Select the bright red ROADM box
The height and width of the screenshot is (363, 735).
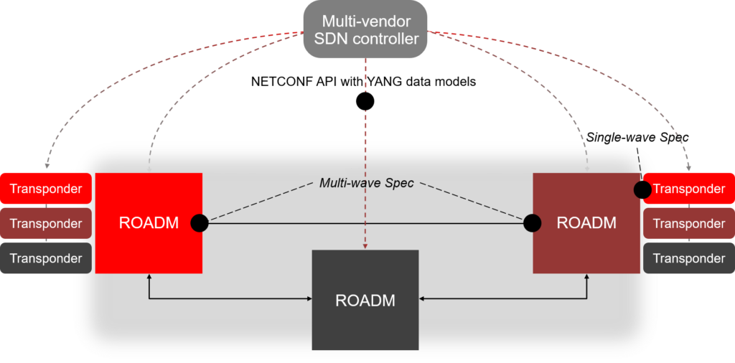[149, 222]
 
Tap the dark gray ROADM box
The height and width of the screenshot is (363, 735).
[365, 300]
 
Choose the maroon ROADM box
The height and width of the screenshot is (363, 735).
[586, 222]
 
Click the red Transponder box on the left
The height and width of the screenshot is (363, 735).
[46, 189]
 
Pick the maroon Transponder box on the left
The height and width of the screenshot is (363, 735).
[46, 224]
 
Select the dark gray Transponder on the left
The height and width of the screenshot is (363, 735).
[46, 258]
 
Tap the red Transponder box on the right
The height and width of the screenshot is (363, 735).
[688, 189]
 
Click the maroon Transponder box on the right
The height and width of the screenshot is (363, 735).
[688, 224]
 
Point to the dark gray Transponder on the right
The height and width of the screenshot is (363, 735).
[688, 258]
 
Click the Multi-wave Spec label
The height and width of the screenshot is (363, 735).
[367, 183]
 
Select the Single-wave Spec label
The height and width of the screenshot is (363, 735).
[632, 137]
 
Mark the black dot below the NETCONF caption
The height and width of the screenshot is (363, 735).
[365, 102]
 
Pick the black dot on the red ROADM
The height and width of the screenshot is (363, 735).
[200, 223]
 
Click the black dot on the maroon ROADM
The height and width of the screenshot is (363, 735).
[533, 223]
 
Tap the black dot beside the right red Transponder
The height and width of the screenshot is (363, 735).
[642, 189]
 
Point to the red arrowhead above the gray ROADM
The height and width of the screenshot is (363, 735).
[365, 246]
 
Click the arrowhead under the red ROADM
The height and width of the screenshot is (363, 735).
[149, 277]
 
